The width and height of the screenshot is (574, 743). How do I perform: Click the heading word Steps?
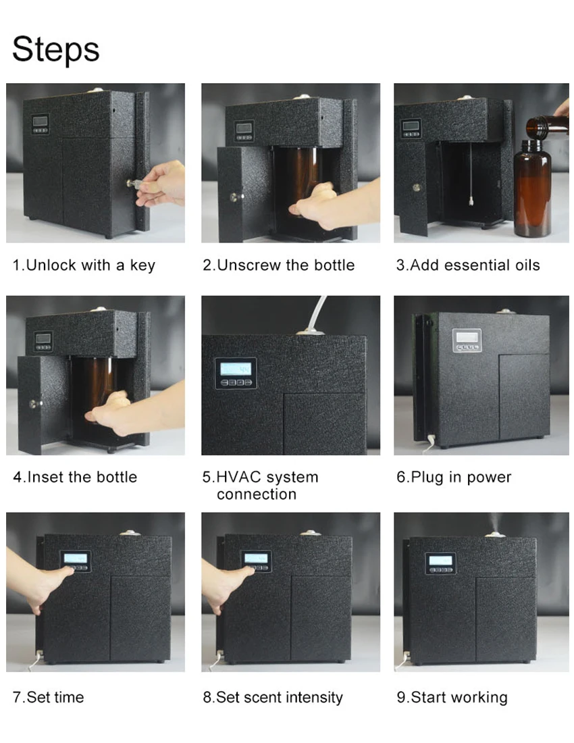coord(56,49)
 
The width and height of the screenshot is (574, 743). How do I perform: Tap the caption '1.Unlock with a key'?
coord(84,265)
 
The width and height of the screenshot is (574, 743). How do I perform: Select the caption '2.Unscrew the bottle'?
coord(278,265)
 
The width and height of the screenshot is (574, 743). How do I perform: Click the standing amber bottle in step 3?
coord(532,188)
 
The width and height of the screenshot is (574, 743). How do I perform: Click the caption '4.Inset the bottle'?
coord(75,477)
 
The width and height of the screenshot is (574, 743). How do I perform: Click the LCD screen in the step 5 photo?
coord(236,369)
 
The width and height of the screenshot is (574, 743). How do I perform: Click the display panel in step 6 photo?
coord(467,340)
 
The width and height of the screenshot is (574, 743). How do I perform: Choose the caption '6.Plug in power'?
coord(454,477)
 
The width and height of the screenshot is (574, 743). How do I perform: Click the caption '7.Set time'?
coord(49,697)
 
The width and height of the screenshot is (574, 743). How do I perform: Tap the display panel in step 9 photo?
coord(440,563)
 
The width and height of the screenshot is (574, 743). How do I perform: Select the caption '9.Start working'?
coord(452,698)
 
